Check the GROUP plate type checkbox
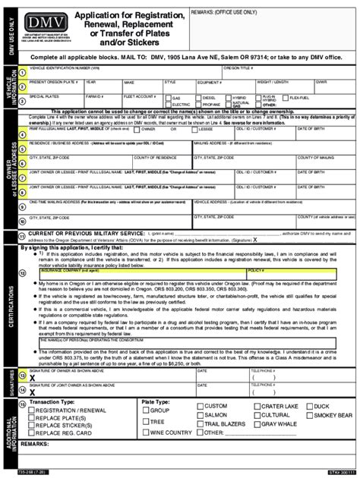click(x=144, y=410)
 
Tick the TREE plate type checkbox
click(x=144, y=421)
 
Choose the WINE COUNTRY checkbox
click(x=144, y=432)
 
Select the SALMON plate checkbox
click(x=200, y=416)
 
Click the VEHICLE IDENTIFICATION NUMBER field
click(x=114, y=71)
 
